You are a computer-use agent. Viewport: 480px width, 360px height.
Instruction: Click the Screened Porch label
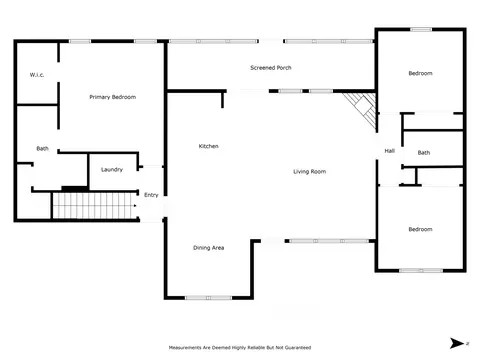[271, 68]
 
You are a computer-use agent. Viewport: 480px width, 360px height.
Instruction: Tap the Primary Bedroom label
[113, 97]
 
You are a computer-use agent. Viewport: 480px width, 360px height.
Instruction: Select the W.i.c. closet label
[37, 75]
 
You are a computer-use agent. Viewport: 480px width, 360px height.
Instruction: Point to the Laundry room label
[112, 170]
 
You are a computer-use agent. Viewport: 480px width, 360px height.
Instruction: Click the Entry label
[151, 195]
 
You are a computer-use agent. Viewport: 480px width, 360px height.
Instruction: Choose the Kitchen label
[209, 146]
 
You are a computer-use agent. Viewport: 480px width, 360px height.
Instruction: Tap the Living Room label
[310, 172]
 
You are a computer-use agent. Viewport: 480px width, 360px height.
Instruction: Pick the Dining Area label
[209, 248]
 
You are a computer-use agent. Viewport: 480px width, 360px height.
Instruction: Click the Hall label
[390, 151]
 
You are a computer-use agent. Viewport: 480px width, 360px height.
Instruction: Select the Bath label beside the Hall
[424, 153]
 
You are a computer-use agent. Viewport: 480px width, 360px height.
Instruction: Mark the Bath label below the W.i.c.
[42, 148]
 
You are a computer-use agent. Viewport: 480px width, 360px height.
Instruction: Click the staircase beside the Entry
[94, 206]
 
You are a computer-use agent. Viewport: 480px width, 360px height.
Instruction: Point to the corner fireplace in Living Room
[362, 109]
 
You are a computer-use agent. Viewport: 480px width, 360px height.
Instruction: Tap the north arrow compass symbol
[457, 343]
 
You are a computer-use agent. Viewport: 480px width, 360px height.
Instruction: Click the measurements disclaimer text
[240, 348]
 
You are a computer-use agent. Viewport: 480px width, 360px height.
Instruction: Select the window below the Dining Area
[209, 298]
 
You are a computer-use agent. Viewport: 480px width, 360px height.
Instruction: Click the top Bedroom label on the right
[420, 73]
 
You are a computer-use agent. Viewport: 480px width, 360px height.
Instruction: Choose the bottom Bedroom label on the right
[420, 229]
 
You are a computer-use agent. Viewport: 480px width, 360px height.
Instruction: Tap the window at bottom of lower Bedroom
[421, 270]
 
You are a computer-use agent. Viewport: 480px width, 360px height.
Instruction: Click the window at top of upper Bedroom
[421, 30]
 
